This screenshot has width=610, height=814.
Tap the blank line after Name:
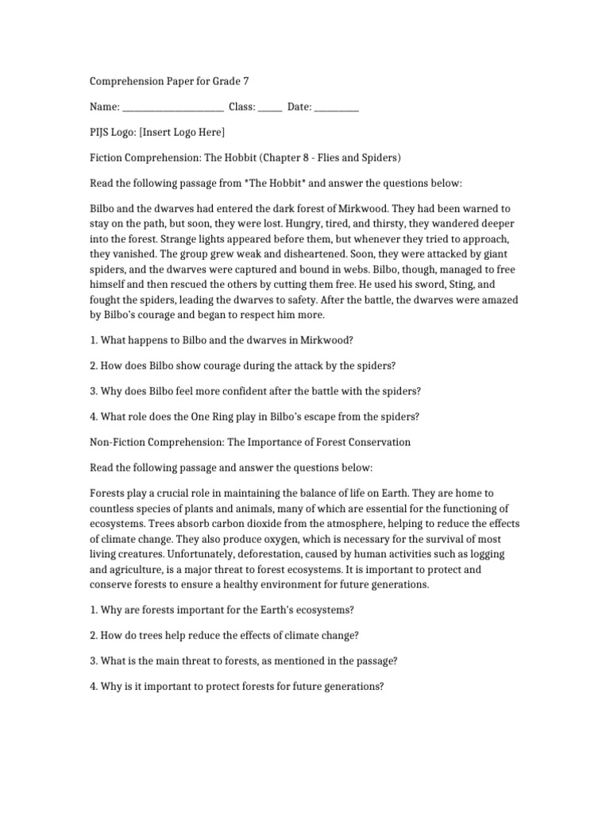[x=173, y=107]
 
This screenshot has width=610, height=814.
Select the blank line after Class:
[x=269, y=107]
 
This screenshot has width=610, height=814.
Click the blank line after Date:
[x=337, y=107]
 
